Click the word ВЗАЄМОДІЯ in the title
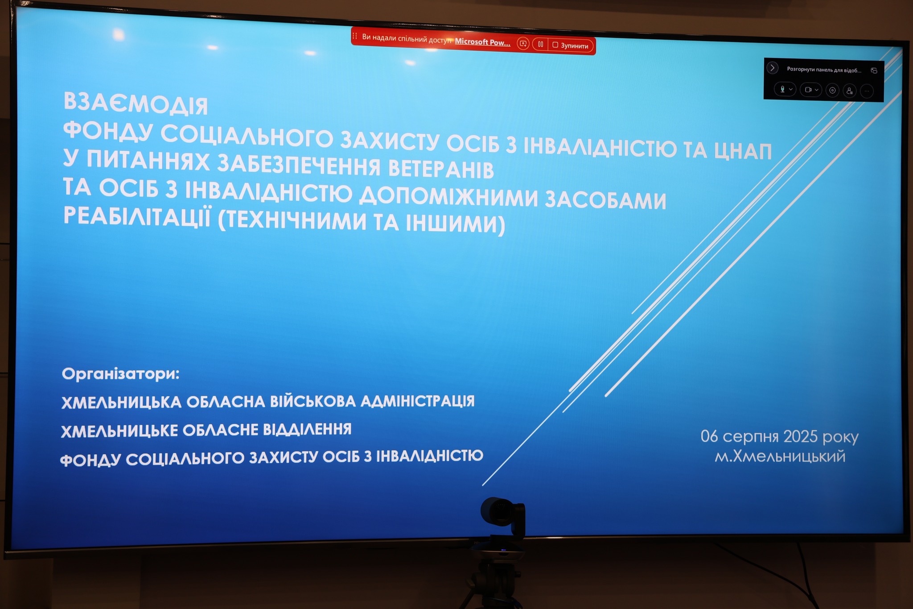[x=136, y=104]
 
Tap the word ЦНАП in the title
[x=743, y=151]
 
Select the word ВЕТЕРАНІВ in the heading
[x=441, y=169]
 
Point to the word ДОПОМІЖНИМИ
[x=449, y=197]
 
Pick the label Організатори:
[x=121, y=374]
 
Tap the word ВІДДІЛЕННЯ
[x=307, y=429]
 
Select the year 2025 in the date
[x=801, y=436]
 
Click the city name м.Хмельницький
[x=780, y=456]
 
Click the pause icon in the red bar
[x=540, y=45]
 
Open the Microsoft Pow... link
[x=482, y=42]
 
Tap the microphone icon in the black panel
[x=782, y=89]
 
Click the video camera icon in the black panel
[x=808, y=90]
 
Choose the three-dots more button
[x=867, y=91]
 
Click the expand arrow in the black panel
[x=773, y=68]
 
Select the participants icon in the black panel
[x=849, y=91]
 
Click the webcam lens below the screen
[x=496, y=512]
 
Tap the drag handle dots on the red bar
[x=355, y=36]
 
